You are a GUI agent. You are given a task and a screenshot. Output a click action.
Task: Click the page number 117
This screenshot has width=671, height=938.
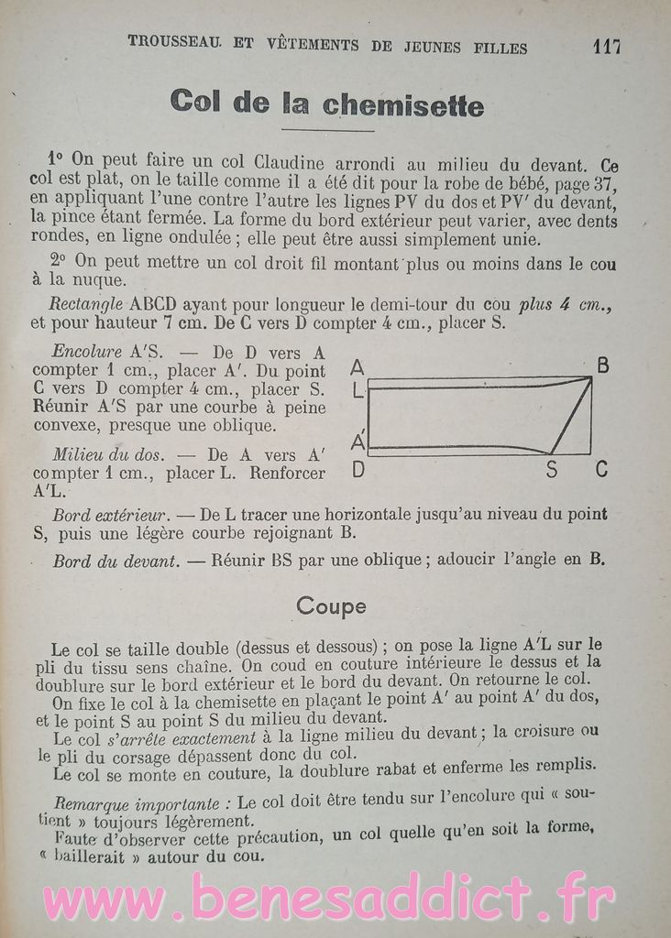[606, 46]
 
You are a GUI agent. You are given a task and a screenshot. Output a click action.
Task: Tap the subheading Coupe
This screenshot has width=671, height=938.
[331, 605]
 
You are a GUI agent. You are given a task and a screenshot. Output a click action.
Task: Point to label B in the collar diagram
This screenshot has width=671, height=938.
[602, 366]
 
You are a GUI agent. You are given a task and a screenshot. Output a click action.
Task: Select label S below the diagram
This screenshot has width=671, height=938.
[551, 471]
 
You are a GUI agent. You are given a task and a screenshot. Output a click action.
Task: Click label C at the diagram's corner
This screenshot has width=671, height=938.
[601, 470]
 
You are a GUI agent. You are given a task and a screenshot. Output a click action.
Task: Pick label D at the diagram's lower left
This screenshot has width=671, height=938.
[357, 471]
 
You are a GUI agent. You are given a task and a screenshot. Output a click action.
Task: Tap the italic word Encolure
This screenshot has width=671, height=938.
[87, 351]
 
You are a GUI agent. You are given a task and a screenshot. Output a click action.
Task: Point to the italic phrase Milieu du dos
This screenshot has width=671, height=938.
[108, 454]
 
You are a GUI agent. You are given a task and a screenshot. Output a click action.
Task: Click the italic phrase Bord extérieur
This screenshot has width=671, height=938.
[108, 515]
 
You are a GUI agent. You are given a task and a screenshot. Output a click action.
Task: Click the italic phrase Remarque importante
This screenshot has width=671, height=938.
[136, 799]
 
